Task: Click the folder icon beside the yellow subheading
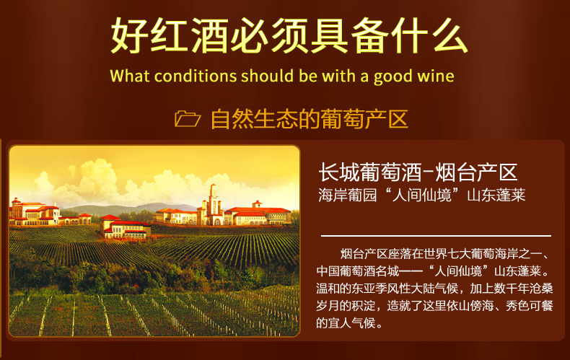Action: click(187, 119)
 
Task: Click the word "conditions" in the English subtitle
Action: click(196, 76)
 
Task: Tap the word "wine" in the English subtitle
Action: click(436, 76)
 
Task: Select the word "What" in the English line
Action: click(130, 76)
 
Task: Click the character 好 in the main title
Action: click(129, 35)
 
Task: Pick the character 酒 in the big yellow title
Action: click(210, 35)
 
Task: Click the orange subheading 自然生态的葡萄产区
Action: click(310, 119)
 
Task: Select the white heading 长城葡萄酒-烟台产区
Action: click(418, 172)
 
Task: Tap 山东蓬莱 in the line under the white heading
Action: click(496, 196)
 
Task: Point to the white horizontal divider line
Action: click(436, 236)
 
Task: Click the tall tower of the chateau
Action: click(213, 203)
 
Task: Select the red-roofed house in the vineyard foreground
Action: click(126, 227)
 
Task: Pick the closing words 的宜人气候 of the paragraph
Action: click(346, 322)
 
